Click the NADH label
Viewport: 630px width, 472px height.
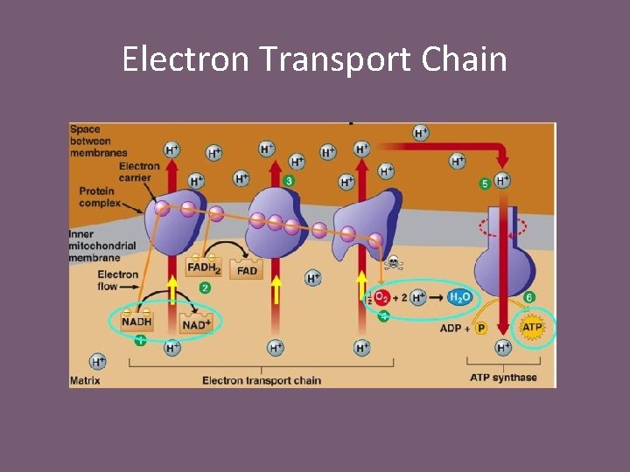[136, 323]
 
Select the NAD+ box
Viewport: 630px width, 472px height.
[196, 324]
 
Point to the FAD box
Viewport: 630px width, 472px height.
[247, 271]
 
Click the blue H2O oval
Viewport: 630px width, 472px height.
[459, 298]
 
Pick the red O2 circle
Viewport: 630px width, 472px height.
[381, 298]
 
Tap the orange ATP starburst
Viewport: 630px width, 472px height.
[532, 328]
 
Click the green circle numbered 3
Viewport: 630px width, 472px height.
[289, 180]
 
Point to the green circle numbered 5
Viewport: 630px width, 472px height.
[485, 184]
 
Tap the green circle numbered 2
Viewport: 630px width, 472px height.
[205, 288]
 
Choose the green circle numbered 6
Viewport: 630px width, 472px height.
[529, 298]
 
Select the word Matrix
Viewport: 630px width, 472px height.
[85, 380]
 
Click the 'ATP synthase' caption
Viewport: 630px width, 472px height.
[503, 378]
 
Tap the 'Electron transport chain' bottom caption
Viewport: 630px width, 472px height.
[262, 380]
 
